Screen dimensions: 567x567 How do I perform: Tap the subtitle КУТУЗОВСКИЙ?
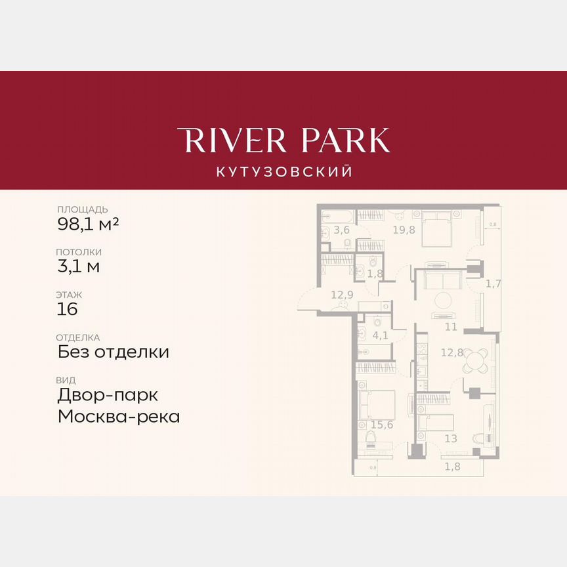[283, 172]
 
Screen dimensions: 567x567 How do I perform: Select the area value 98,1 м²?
[88, 224]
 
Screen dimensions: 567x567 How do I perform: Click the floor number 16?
[68, 309]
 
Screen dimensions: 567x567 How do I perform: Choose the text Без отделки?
[113, 352]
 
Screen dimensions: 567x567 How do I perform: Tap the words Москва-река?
[119, 416]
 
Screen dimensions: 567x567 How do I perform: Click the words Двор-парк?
[108, 395]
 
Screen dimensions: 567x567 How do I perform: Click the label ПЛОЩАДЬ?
[82, 209]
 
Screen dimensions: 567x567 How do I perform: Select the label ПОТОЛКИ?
[79, 252]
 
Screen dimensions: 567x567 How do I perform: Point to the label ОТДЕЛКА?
[79, 337]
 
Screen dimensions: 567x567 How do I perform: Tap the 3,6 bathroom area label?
[341, 230]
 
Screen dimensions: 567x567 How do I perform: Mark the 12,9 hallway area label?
[342, 295]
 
